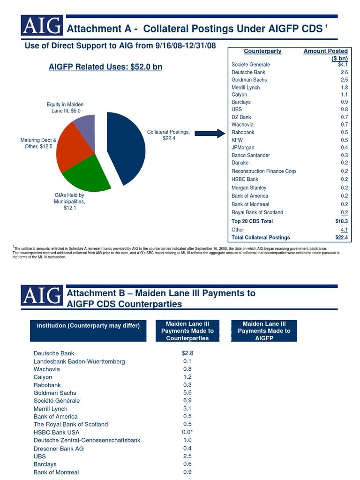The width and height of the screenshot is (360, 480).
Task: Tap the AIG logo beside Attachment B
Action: [42, 295]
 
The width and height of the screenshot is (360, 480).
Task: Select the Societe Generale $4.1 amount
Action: [343, 65]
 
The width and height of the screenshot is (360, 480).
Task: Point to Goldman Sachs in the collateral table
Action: [249, 80]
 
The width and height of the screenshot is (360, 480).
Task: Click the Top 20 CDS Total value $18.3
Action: [341, 221]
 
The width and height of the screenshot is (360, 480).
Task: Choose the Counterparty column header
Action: [262, 51]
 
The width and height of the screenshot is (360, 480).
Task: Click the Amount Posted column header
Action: [326, 54]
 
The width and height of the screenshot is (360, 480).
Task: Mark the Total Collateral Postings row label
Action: [261, 238]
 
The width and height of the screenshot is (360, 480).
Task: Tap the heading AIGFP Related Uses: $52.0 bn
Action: [105, 67]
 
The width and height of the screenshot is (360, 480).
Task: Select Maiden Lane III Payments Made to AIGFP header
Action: [264, 331]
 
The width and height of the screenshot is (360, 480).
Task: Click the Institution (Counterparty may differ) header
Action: [88, 326]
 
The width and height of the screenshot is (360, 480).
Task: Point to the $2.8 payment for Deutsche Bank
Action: [187, 353]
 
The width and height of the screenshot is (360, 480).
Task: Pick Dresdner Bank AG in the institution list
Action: [59, 448]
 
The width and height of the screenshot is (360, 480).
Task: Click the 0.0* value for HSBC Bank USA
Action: [187, 432]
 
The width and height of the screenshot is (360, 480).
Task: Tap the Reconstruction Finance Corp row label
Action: [263, 171]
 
